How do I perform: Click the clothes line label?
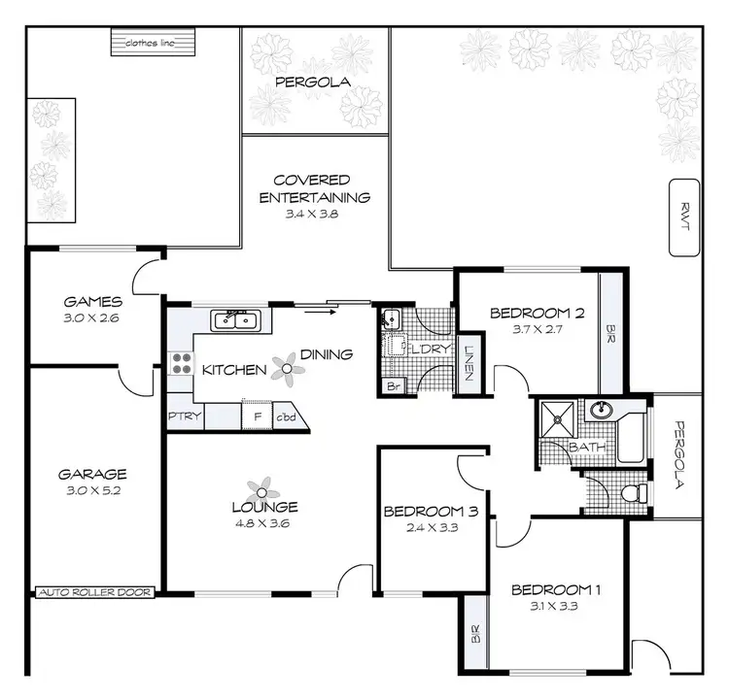(x=155, y=44)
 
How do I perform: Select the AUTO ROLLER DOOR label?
(x=94, y=591)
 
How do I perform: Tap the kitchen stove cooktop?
(x=181, y=364)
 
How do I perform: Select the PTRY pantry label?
(x=184, y=417)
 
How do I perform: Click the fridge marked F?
(x=256, y=417)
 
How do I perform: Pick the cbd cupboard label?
(x=288, y=417)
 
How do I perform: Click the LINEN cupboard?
(x=469, y=363)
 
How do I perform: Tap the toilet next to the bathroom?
(x=631, y=493)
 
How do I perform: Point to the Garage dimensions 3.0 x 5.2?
(x=93, y=491)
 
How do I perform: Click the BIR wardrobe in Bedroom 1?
(x=474, y=633)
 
